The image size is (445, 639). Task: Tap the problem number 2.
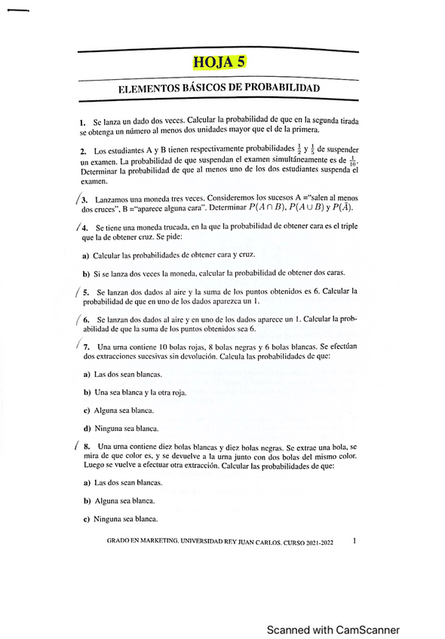click(x=81, y=151)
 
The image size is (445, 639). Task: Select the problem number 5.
click(x=87, y=291)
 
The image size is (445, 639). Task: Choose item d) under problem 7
click(x=87, y=428)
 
